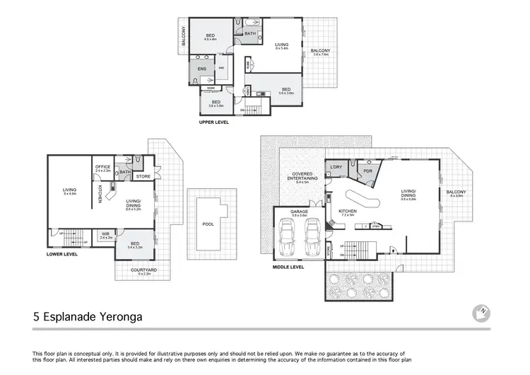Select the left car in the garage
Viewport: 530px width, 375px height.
tap(288, 238)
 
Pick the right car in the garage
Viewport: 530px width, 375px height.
tap(312, 238)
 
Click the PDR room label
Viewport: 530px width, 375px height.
tap(367, 171)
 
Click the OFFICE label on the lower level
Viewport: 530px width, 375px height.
tap(102, 167)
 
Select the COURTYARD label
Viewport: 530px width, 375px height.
tap(143, 270)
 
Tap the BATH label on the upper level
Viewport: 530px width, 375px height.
tap(250, 33)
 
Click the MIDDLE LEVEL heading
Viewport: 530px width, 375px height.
tap(288, 267)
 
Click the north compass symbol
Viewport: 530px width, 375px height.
tap(481, 312)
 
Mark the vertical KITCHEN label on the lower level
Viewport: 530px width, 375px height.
tap(100, 195)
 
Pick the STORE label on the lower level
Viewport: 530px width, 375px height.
tap(143, 176)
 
